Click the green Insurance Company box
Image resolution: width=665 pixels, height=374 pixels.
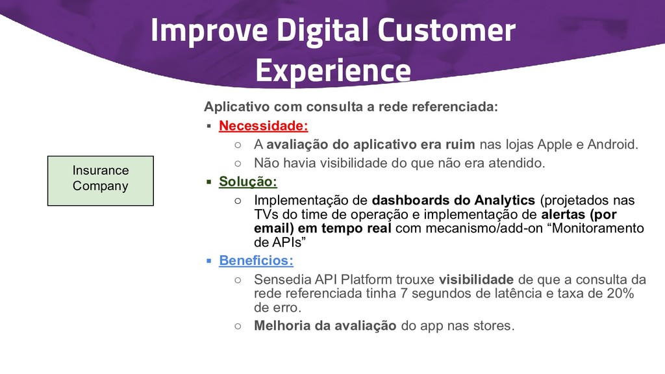pyautogui.click(x=101, y=181)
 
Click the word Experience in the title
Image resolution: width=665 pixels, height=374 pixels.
pyautogui.click(x=333, y=70)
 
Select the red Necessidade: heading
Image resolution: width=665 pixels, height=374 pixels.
pyautogui.click(x=264, y=125)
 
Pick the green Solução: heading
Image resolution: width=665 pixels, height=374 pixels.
pyautogui.click(x=248, y=182)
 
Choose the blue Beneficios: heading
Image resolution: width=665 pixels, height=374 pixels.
pyautogui.click(x=256, y=260)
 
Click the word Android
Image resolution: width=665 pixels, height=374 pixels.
pyautogui.click(x=613, y=145)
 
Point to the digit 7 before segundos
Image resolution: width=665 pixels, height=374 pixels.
pyautogui.click(x=404, y=293)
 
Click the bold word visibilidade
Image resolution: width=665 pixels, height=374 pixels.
pyautogui.click(x=476, y=279)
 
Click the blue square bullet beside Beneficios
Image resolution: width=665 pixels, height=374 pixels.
pyautogui.click(x=208, y=261)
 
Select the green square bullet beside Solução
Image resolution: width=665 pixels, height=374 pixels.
pyautogui.click(x=208, y=182)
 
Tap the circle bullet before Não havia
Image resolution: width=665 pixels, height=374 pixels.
pyautogui.click(x=238, y=163)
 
